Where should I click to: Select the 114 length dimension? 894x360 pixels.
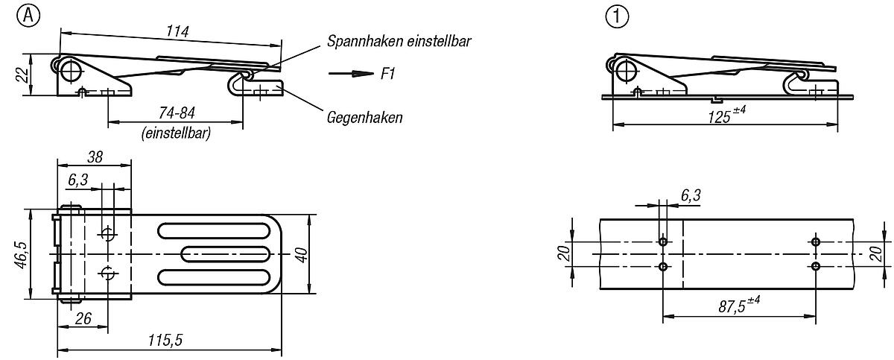[179, 31]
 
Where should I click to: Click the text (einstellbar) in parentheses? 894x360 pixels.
[174, 135]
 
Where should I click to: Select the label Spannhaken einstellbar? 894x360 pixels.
[399, 42]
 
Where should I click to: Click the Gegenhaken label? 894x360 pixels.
[364, 117]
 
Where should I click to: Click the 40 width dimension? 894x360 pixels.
[301, 254]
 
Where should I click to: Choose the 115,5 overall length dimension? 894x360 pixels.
[166, 340]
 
